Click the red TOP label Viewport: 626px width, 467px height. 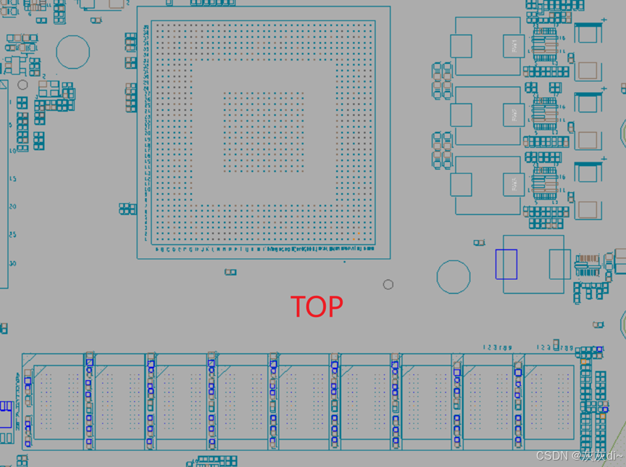point(317,307)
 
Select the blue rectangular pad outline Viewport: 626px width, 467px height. point(506,264)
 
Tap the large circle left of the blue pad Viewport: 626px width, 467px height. point(454,277)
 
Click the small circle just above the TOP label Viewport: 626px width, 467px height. point(388,284)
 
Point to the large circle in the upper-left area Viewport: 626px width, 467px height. point(73,51)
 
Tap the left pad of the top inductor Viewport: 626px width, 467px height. point(462,46)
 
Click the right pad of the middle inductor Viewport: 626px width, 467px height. point(514,115)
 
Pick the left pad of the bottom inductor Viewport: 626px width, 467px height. point(462,184)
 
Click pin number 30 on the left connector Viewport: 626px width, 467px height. point(12,263)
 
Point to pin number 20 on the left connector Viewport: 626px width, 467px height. point(12,207)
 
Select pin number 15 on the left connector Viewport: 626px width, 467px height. point(12,178)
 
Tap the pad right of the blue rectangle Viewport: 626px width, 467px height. point(559,264)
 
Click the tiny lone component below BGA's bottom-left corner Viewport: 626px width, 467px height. point(230,272)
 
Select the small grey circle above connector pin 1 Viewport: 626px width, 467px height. point(22,86)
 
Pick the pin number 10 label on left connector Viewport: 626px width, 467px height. point(12,151)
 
